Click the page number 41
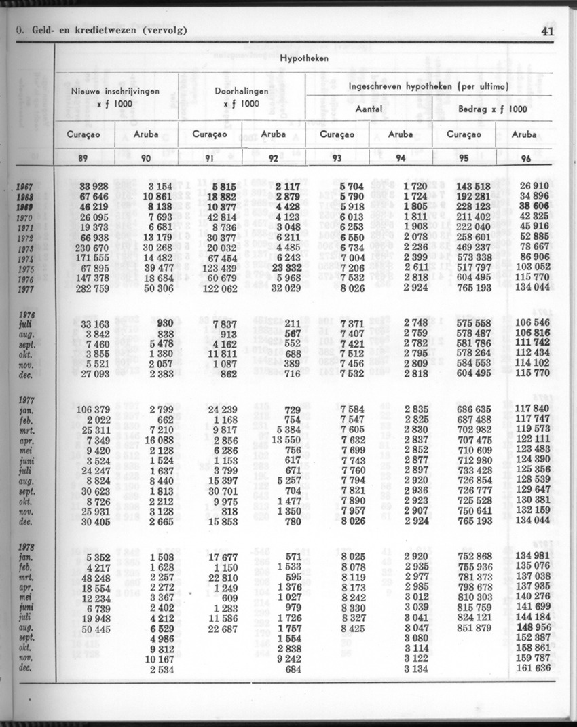(x=548, y=30)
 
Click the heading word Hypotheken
(x=304, y=59)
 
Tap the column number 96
(x=525, y=160)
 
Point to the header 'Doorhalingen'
(x=241, y=90)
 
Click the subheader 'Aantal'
(x=369, y=109)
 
